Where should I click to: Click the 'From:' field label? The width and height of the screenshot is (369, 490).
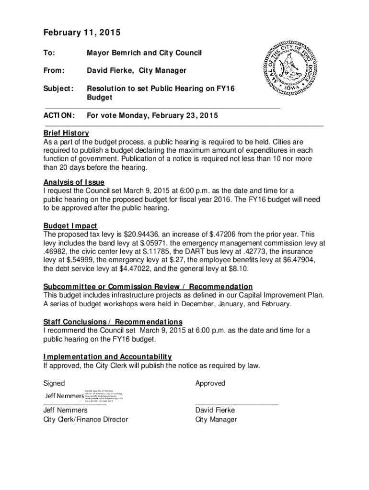tap(54, 71)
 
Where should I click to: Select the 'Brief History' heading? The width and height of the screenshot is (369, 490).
tap(66, 133)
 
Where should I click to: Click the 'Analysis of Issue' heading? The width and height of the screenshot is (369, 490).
tap(74, 182)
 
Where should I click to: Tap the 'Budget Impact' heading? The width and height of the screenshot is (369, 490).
tap(70, 226)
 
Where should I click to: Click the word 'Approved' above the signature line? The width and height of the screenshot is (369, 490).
tap(210, 383)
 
